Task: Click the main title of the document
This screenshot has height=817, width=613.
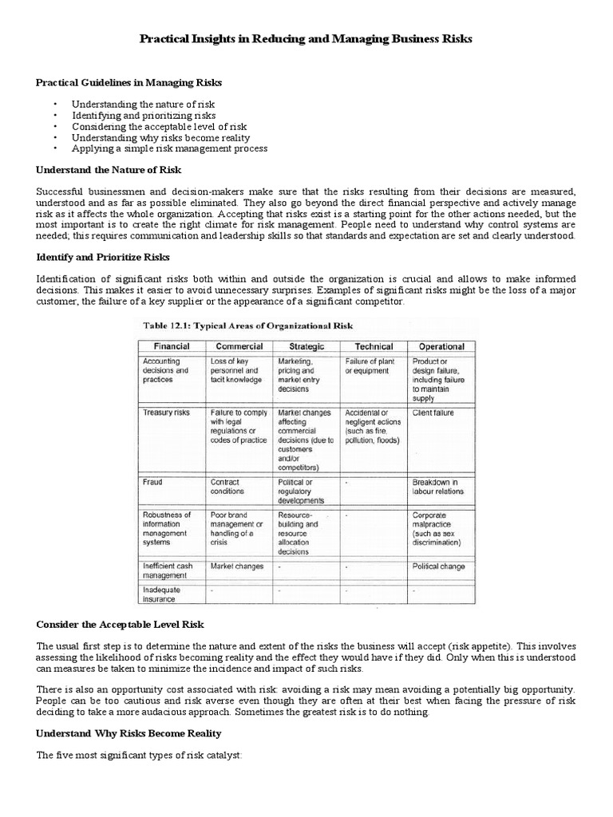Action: (x=306, y=39)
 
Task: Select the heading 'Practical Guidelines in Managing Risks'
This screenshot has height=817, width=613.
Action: (x=129, y=82)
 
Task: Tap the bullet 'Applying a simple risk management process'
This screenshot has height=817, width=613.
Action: (x=169, y=148)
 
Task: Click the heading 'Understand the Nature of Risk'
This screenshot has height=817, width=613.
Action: (x=109, y=170)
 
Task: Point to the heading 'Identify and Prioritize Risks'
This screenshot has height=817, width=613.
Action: (x=109, y=257)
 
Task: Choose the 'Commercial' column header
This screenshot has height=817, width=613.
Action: (x=239, y=346)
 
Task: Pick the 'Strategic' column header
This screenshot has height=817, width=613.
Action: (x=306, y=346)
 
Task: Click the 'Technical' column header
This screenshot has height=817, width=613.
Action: (x=374, y=346)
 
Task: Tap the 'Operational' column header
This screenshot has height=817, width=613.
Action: (x=441, y=346)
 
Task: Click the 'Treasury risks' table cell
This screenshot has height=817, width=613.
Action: (x=164, y=412)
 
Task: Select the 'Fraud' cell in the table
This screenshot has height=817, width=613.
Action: (x=152, y=483)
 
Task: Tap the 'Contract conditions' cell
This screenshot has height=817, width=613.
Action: (x=230, y=487)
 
